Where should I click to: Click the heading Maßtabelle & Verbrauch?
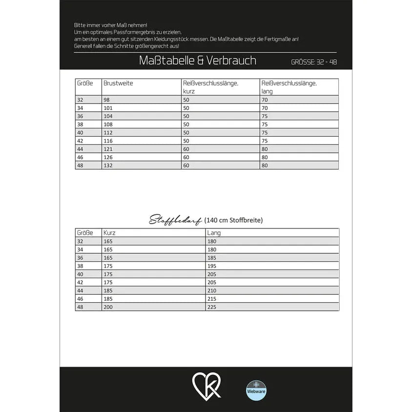click(x=197, y=61)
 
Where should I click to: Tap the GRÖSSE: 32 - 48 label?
click(x=313, y=62)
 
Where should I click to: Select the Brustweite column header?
click(x=118, y=83)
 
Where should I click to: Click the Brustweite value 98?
click(x=107, y=100)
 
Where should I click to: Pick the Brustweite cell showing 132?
click(x=108, y=165)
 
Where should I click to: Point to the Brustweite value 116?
click(x=108, y=141)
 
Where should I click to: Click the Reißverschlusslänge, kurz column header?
click(x=211, y=87)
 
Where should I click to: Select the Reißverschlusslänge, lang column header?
click(x=289, y=87)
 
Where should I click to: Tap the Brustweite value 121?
click(x=108, y=149)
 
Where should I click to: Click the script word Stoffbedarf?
click(x=175, y=220)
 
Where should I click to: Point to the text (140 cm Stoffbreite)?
click(x=233, y=220)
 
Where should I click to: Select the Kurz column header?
click(x=109, y=233)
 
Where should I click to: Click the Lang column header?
click(x=214, y=233)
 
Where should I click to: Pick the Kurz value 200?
click(x=108, y=307)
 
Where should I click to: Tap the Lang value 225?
click(x=212, y=307)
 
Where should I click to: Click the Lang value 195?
click(x=212, y=266)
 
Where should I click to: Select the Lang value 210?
click(x=212, y=290)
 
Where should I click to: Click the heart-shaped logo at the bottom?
click(x=206, y=386)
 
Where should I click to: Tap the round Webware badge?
click(x=256, y=390)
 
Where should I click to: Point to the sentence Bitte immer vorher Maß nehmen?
click(x=110, y=25)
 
